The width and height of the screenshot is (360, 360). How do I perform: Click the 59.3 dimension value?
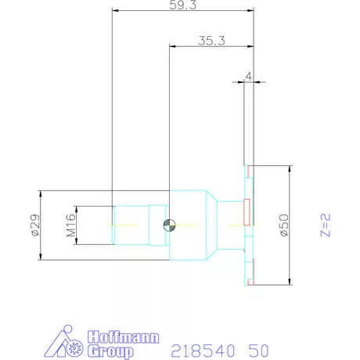coord(182,5)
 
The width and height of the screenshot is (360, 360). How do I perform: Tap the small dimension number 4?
coord(248,77)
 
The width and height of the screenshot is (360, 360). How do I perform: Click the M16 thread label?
coord(70,225)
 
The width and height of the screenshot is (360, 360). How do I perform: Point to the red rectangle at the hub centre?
coord(247,211)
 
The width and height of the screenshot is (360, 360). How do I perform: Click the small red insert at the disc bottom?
coord(250,281)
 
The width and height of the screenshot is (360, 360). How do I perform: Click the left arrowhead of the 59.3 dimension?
coord(115,11)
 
